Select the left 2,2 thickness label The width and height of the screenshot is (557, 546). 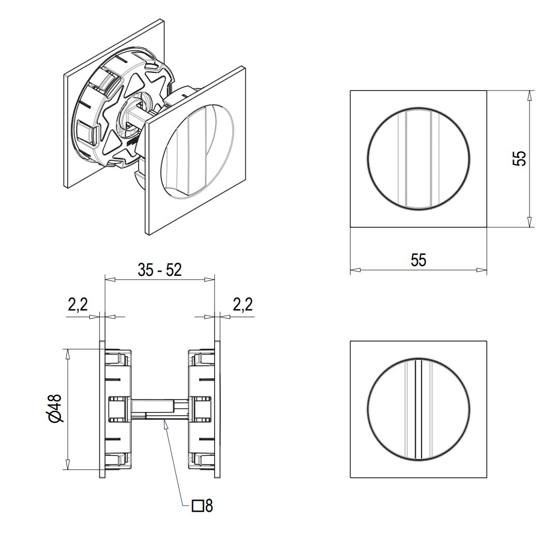point(78,305)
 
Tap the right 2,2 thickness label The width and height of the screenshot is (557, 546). point(242,305)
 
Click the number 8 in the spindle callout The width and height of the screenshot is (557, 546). point(209,506)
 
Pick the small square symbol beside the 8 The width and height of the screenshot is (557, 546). point(197,506)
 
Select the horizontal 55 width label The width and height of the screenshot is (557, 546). point(418,260)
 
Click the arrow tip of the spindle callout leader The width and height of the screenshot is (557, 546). point(165,422)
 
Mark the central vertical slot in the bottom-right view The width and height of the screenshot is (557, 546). point(419,409)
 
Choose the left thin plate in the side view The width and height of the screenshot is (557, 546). point(102,409)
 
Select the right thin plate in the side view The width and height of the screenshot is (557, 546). point(217,409)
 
